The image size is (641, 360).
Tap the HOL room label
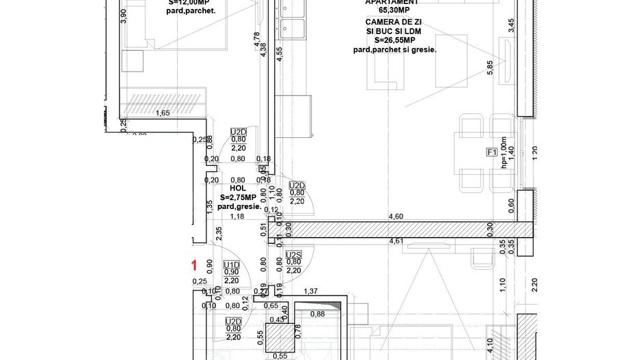(x=237, y=188)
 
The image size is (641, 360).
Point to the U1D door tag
(x=232, y=264)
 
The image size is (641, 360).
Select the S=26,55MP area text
(x=402, y=40)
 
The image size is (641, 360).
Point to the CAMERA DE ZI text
(x=402, y=22)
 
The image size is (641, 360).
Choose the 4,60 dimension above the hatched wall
(x=396, y=216)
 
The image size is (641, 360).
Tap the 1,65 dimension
(x=163, y=113)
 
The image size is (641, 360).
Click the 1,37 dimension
(x=312, y=291)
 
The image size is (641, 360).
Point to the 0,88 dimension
(x=317, y=314)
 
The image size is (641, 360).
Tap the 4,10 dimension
(x=490, y=350)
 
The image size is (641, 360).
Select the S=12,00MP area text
(x=192, y=2)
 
